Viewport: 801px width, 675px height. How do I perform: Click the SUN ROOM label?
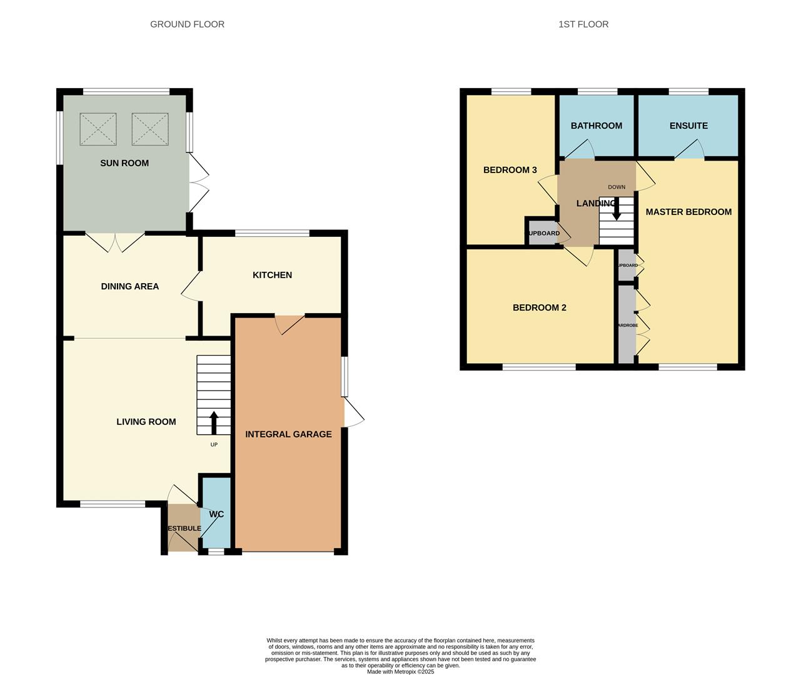point(124,163)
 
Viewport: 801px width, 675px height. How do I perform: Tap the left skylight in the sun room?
point(98,129)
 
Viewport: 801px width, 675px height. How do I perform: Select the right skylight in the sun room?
point(150,129)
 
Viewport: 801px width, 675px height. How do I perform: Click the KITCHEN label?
point(272,275)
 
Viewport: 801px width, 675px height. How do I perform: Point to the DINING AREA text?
point(130,286)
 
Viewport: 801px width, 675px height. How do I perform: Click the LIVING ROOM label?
point(146,422)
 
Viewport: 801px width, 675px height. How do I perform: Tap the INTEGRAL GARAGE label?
point(288,434)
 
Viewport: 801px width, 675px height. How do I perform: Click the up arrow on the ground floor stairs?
point(214,422)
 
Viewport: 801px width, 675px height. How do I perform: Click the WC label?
point(216,514)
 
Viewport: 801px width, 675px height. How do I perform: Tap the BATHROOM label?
point(597,126)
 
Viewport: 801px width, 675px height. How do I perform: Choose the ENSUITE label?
point(688,126)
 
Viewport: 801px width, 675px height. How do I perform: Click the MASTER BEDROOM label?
point(688,212)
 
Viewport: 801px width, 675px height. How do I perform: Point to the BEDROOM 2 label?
point(540,307)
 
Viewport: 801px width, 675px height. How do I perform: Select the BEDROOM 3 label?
point(510,170)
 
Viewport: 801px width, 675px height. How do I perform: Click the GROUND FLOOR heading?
point(187,24)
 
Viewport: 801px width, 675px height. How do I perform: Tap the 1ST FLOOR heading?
point(583,24)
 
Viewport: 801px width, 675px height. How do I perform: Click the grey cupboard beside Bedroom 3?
point(542,233)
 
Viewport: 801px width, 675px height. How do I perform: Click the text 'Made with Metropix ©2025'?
point(400,672)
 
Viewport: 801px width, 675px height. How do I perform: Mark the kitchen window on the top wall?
point(272,234)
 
